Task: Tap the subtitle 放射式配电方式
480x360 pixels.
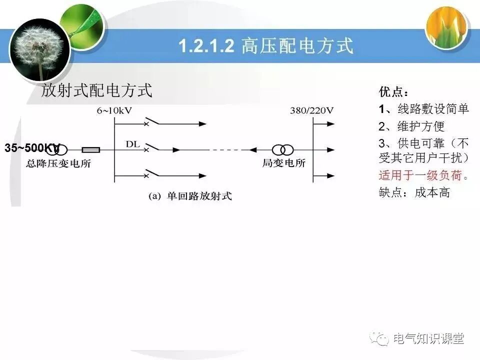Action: click(x=96, y=90)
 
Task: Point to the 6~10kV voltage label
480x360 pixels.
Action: click(x=114, y=110)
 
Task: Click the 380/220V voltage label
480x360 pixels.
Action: click(x=311, y=110)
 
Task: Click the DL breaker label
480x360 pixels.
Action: click(x=132, y=144)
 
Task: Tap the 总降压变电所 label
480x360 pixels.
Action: click(x=59, y=163)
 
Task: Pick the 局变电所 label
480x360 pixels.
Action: click(x=284, y=163)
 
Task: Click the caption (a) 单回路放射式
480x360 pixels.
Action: click(x=190, y=196)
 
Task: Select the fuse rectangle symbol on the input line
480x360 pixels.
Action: click(x=90, y=149)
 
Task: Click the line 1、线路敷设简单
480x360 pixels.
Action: click(x=424, y=109)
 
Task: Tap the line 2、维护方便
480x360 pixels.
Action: click(x=411, y=126)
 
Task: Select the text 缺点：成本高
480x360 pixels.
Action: click(x=414, y=192)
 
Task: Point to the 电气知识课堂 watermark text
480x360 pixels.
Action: click(x=428, y=338)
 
